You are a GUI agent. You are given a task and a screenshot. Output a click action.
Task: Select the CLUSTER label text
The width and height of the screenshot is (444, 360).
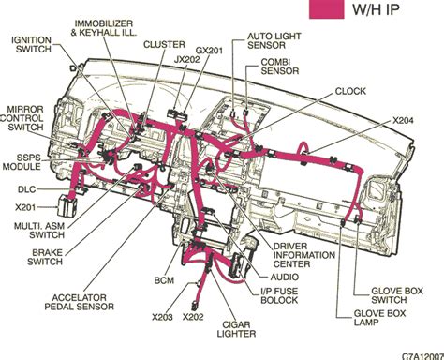click(163, 43)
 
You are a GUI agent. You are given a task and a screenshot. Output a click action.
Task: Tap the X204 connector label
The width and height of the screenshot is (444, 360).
click(404, 120)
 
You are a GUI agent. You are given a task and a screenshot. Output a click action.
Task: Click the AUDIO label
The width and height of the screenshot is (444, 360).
click(286, 277)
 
